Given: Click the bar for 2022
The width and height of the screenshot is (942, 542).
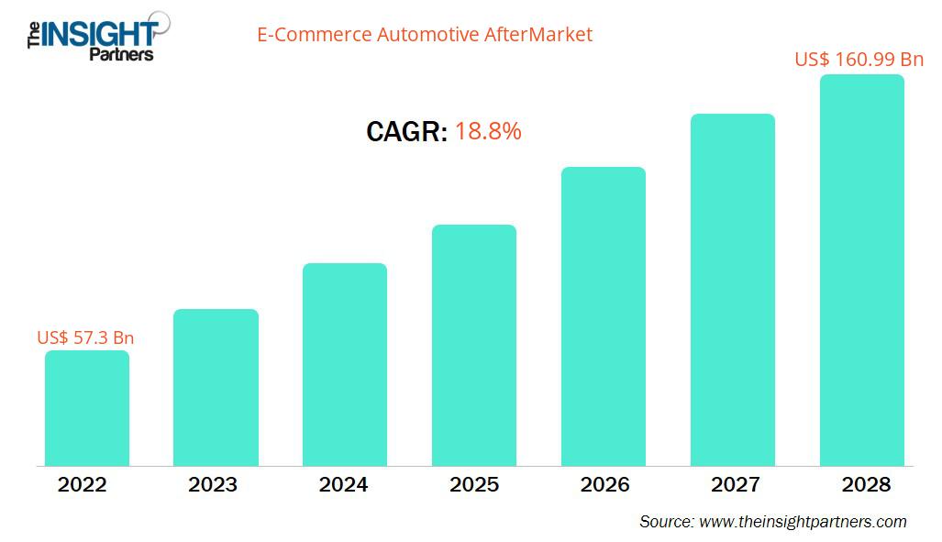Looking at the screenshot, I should [87, 408].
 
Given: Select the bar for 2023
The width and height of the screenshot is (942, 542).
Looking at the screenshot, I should [216, 387].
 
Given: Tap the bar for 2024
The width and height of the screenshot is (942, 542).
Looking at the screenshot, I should [345, 364].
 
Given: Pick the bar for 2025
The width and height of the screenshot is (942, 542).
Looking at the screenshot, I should [474, 345].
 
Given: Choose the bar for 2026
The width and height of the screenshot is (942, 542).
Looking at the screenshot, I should [604, 316].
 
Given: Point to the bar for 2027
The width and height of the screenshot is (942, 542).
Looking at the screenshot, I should [733, 290].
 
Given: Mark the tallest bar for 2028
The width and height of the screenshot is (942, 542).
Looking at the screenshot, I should [861, 271].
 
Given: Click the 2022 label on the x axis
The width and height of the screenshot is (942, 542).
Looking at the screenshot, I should [83, 485].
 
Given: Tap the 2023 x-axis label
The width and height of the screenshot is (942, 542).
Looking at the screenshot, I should [214, 485].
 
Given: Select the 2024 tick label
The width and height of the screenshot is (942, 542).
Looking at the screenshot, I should [344, 485].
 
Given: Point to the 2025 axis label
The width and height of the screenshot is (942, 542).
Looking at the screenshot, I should [474, 485].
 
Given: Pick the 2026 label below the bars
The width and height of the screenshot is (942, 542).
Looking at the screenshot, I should [604, 485].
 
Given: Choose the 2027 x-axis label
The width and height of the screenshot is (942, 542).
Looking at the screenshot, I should [734, 485].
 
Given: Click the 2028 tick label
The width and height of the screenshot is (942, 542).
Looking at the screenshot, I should [864, 485].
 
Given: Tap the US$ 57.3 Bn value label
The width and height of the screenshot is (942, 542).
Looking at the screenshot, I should [85, 337].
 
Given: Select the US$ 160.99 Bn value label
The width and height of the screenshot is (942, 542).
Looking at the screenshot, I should [859, 60].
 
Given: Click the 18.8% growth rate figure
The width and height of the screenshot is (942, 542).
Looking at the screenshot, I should [488, 132].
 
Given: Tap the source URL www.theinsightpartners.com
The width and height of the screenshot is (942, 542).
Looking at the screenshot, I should [803, 522].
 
